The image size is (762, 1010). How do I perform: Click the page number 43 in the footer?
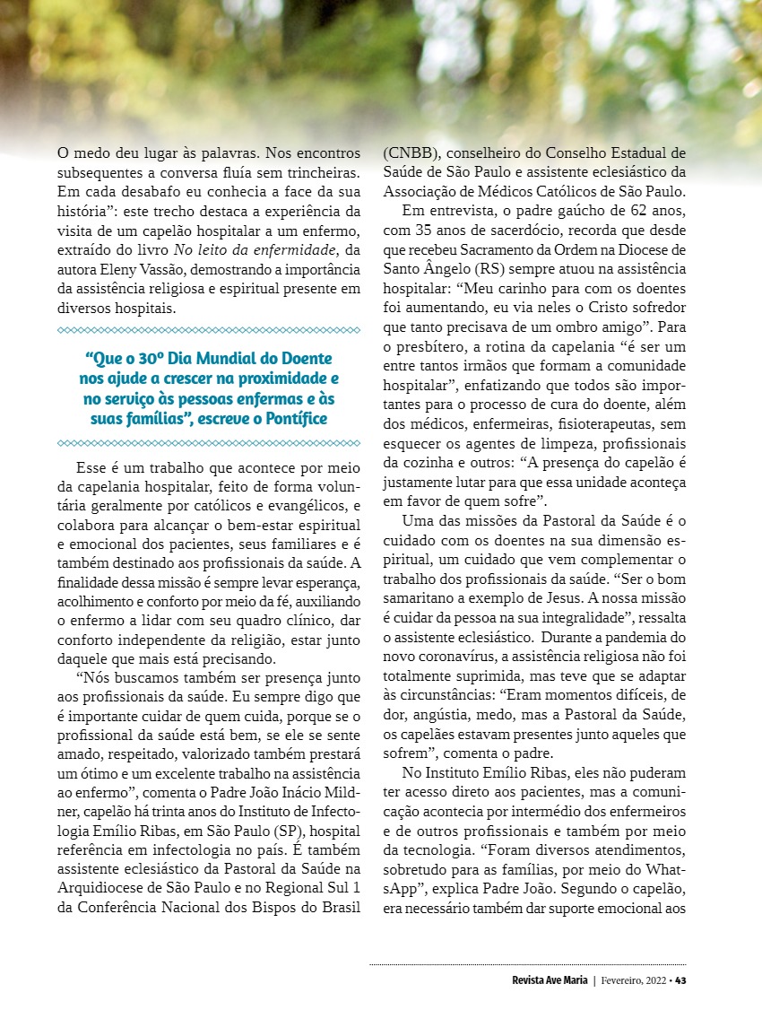click(x=681, y=980)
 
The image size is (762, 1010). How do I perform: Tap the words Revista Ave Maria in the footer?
click(x=544, y=980)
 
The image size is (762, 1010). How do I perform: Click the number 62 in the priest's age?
click(x=608, y=210)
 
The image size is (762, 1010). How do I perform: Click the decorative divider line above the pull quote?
click(x=208, y=330)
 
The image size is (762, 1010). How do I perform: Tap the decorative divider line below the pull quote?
click(x=208, y=443)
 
